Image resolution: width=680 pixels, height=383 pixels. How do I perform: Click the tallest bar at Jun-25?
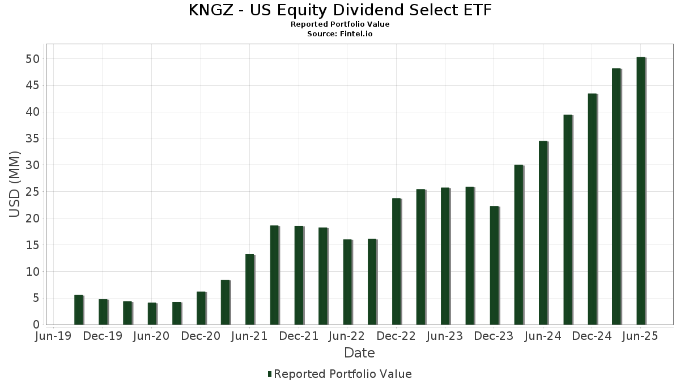(640, 191)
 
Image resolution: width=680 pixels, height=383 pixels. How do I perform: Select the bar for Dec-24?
(592, 209)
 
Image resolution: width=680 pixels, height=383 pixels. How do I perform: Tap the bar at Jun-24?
(543, 233)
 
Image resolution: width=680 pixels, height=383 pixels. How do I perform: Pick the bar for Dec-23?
(494, 266)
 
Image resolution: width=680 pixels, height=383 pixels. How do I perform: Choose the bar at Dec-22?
(396, 262)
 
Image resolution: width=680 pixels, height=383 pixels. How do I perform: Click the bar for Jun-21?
(249, 289)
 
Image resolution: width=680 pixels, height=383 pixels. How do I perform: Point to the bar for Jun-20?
(152, 314)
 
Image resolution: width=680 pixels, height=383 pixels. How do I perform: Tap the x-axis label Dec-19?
(103, 336)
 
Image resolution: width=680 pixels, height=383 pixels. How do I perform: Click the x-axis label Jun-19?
(54, 336)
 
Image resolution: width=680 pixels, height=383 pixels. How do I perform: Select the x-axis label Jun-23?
(445, 336)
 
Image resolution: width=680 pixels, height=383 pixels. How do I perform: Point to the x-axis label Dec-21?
(299, 336)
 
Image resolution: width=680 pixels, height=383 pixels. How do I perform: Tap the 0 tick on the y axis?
(36, 325)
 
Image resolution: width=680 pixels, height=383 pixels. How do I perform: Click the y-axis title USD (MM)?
(15, 184)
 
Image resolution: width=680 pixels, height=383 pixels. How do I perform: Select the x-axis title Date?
(359, 353)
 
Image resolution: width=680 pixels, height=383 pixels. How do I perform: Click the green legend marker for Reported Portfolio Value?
(270, 374)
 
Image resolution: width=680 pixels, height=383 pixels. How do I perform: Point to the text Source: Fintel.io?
(340, 33)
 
